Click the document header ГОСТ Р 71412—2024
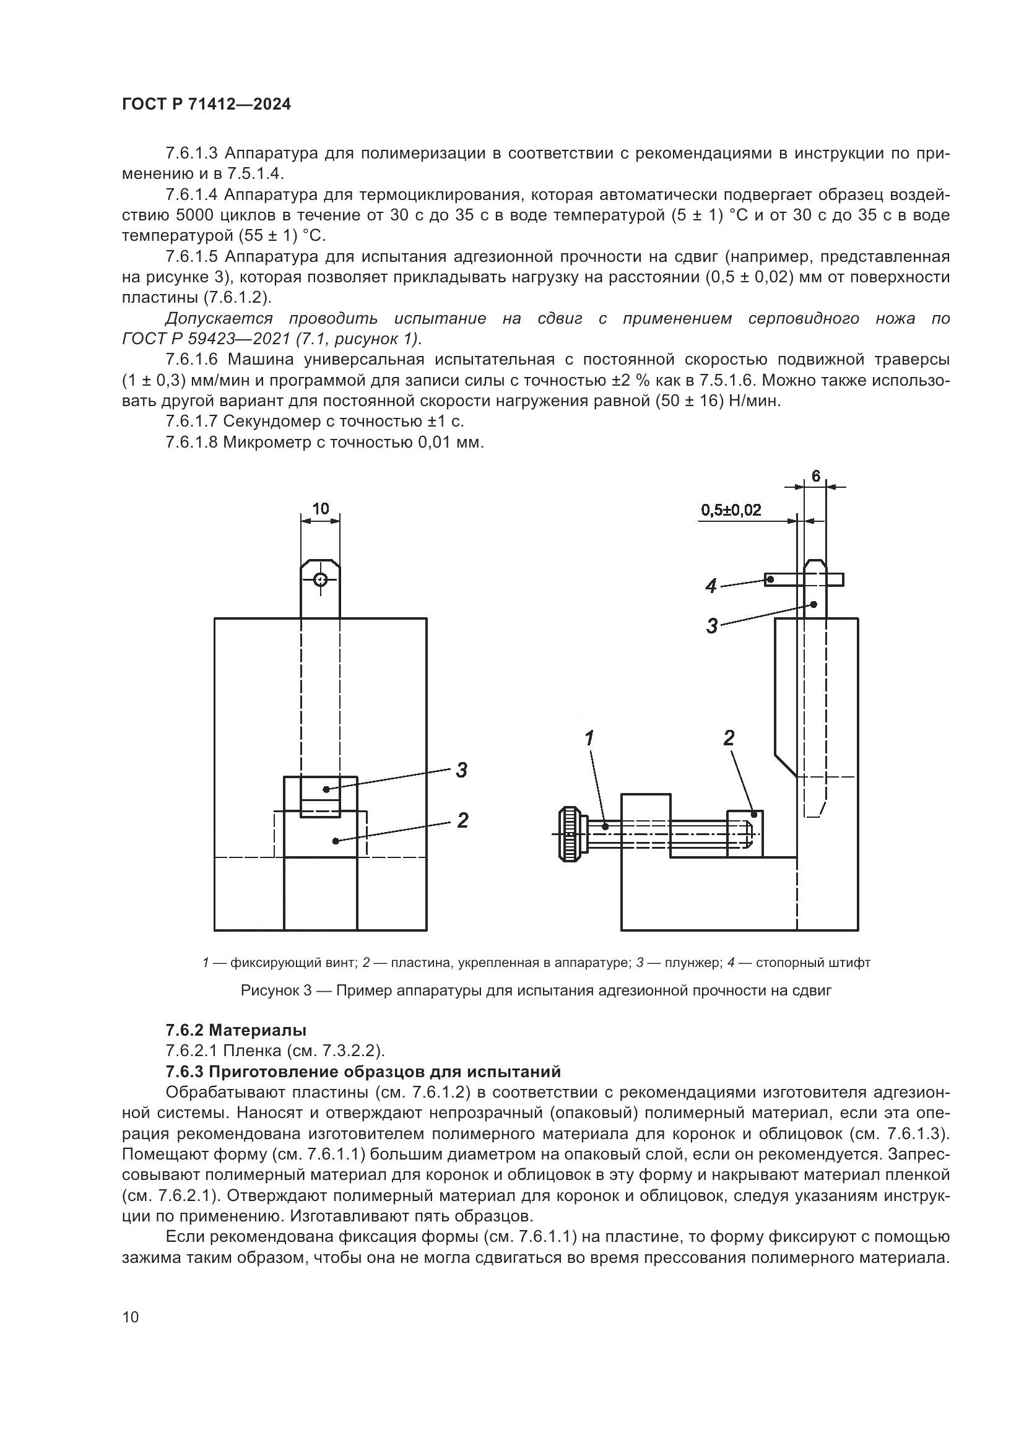tap(206, 105)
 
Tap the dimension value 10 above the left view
tap(320, 508)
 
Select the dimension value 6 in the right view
tap(815, 476)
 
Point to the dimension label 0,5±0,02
tap(731, 510)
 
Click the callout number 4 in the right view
tap(711, 586)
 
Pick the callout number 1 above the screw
tap(589, 739)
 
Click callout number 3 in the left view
tap(462, 770)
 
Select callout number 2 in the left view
tap(462, 820)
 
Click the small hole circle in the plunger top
tap(320, 579)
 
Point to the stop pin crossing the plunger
tap(804, 579)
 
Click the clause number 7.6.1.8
tap(192, 442)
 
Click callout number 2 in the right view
tap(729, 739)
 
